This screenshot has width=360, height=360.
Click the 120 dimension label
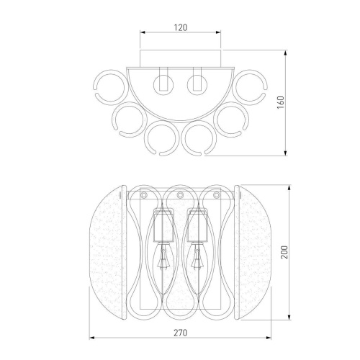(181, 27)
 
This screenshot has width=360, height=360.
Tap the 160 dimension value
(280, 102)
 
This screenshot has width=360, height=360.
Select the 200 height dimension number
(284, 252)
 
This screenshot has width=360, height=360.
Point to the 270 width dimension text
(180, 333)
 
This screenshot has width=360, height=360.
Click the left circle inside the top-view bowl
(154, 85)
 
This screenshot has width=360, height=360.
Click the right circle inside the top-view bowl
(188, 85)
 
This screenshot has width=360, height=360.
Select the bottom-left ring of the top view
(146, 139)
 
